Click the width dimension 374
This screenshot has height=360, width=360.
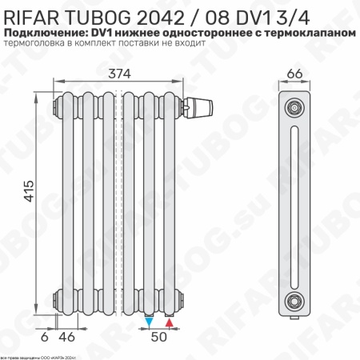coord(121,74)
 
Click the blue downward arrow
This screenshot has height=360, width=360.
coord(150,322)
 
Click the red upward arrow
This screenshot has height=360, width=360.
coord(170,322)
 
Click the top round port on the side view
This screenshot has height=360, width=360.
coord(296,106)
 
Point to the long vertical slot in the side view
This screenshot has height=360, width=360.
coord(296,204)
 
